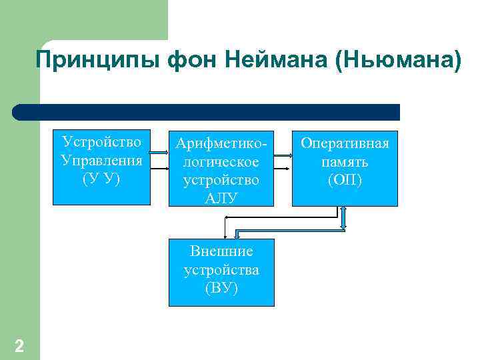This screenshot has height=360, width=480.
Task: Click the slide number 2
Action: coord(19,346)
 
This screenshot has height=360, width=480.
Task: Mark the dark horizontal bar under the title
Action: coord(207,112)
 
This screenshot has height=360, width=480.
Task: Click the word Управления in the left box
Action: coord(101,160)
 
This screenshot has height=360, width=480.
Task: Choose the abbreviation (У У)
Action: coord(101,179)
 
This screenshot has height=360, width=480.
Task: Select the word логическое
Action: coord(221,162)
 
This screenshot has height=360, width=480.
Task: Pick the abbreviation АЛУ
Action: coord(221,198)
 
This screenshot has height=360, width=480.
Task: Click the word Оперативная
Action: coord(345,143)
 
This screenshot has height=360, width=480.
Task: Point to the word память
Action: coord(345,161)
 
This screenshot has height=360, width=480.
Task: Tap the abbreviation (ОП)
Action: coord(345,180)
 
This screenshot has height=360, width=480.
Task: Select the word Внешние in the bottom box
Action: coord(221,251)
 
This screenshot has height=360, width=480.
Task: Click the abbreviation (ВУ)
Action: coord(221,289)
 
